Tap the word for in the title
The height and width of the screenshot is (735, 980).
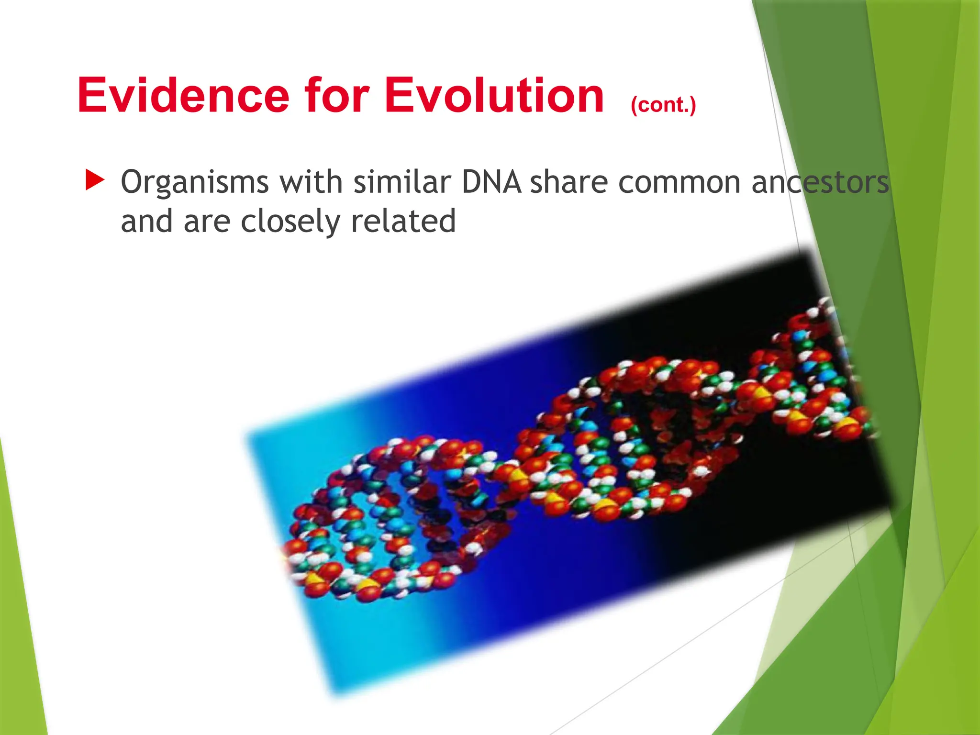[x=337, y=96]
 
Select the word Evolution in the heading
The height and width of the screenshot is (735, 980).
[x=494, y=96]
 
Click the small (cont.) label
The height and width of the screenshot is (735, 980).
[x=663, y=105]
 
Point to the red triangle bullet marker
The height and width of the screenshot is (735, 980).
[x=94, y=180]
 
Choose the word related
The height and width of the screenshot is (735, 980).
[x=403, y=221]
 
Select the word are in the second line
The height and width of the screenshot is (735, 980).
[x=207, y=222]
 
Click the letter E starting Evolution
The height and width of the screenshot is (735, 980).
[x=398, y=96]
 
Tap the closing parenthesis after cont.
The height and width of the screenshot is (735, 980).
[x=692, y=105]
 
